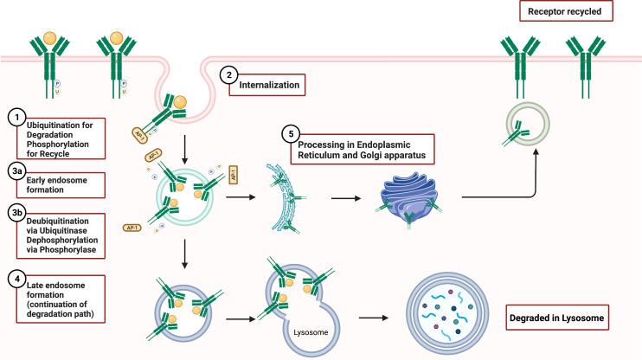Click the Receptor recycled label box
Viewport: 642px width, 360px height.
567,11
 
